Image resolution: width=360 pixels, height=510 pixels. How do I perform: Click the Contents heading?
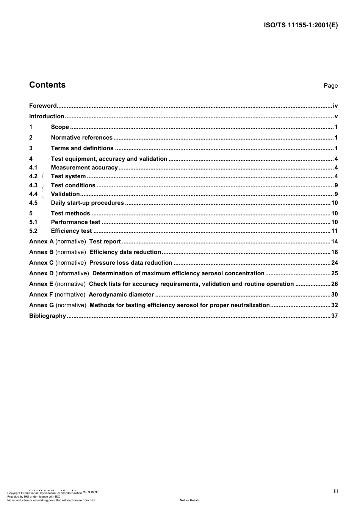point(47,85)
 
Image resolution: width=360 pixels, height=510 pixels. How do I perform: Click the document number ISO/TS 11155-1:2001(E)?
point(301,25)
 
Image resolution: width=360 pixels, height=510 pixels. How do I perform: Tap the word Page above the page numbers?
point(330,86)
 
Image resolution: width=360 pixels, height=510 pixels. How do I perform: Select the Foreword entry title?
point(43,106)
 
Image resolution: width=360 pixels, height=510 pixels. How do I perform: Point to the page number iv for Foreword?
point(335,106)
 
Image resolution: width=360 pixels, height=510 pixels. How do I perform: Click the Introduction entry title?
point(47,116)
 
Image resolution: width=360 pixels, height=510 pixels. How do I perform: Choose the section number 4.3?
point(33,185)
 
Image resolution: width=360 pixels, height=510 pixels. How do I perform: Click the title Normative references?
point(81,138)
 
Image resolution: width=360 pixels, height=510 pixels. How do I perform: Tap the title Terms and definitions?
point(82,148)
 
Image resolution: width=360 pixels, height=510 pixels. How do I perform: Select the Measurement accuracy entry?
point(84,168)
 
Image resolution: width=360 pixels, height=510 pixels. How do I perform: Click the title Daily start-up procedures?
point(87,203)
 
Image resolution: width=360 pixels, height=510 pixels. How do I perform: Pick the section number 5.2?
point(33,231)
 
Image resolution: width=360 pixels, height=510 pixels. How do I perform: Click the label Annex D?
point(41,273)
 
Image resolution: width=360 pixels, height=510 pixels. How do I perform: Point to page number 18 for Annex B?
point(334,252)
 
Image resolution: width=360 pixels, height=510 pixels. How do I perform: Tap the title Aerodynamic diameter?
point(121,295)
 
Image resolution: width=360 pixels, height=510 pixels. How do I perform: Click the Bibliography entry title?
point(47,316)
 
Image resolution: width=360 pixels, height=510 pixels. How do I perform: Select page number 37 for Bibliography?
point(334,316)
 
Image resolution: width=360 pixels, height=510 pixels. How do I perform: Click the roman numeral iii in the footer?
point(336,491)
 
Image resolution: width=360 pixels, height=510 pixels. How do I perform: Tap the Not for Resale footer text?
point(189,500)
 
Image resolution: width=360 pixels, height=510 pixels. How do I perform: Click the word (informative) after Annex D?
point(72,273)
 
